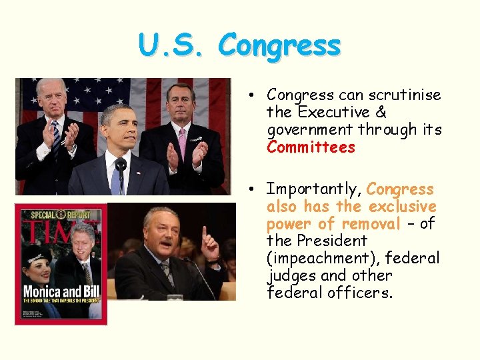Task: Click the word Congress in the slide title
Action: point(279,47)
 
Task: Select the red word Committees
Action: point(311,147)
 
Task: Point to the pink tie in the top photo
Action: point(182,141)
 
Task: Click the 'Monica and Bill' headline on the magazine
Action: point(61,293)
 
